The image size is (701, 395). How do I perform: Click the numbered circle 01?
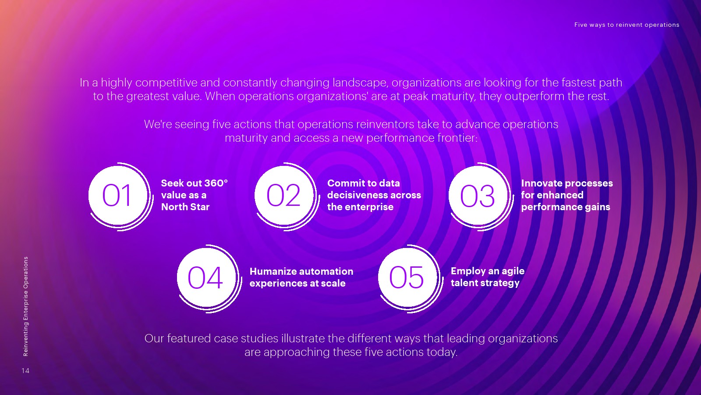point(118,196)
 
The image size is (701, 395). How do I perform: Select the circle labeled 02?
point(284,196)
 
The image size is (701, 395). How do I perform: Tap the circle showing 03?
point(478,196)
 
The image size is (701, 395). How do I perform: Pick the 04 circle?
point(206,278)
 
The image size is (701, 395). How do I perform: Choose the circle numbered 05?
point(408,278)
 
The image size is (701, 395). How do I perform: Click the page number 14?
point(25,371)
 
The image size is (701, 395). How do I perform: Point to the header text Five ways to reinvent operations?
point(627,25)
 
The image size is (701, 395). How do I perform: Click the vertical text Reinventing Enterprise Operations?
point(26,306)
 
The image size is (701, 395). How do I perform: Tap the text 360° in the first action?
point(216,183)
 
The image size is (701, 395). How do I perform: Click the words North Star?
point(185,207)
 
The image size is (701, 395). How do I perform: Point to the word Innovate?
point(542,183)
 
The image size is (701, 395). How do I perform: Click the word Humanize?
point(271,272)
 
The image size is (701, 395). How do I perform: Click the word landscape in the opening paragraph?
point(361,83)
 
